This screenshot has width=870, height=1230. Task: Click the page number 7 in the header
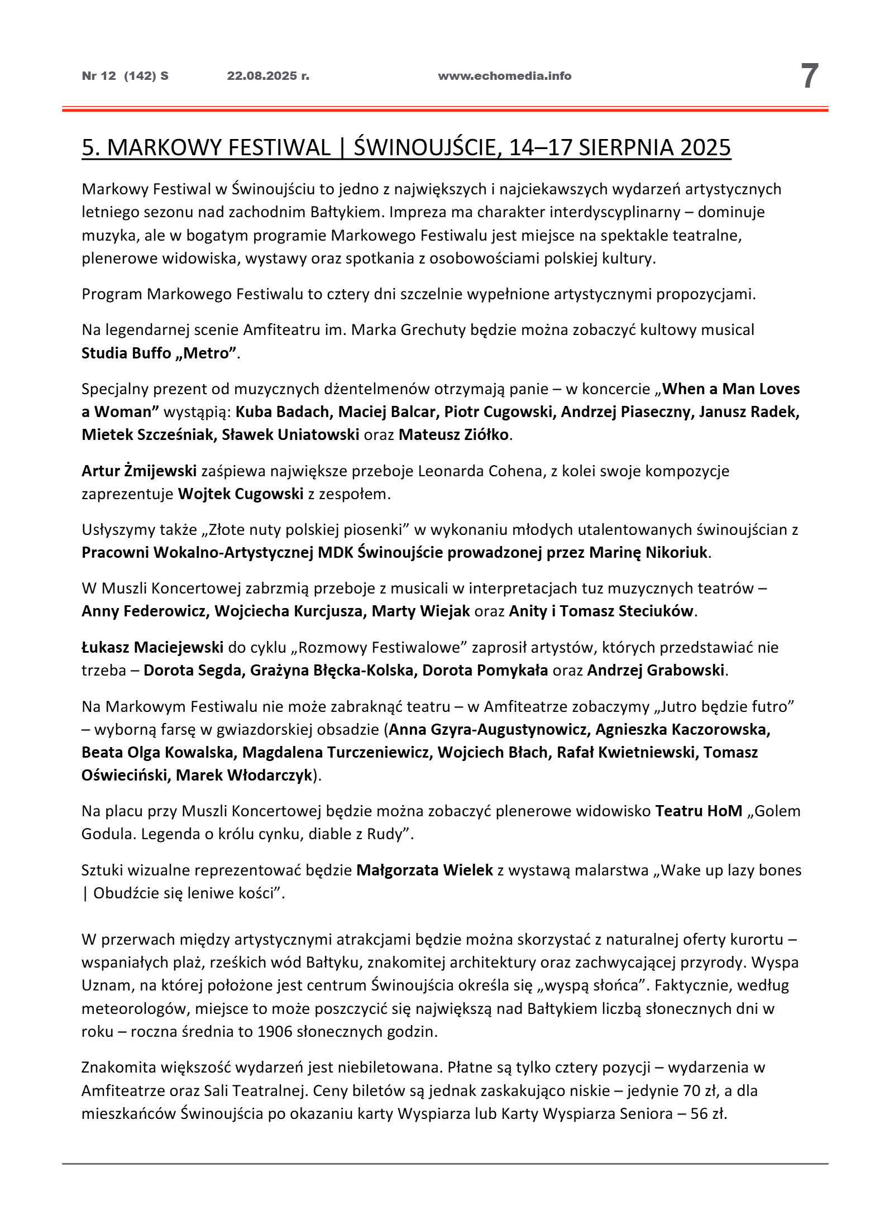pos(809,76)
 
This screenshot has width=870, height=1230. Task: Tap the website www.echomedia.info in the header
pos(504,76)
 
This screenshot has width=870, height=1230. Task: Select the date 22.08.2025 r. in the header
pos(268,76)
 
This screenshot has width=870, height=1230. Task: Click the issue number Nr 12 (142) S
pos(125,76)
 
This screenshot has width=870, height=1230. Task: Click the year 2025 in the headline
pos(705,147)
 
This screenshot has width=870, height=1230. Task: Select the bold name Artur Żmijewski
pos(139,471)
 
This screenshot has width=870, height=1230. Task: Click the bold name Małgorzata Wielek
pos(424,870)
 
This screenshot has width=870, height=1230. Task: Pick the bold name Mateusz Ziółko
pos(453,435)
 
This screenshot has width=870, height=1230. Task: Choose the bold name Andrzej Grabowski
pos(656,671)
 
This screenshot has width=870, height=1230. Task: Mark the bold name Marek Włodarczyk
pos(243,776)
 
